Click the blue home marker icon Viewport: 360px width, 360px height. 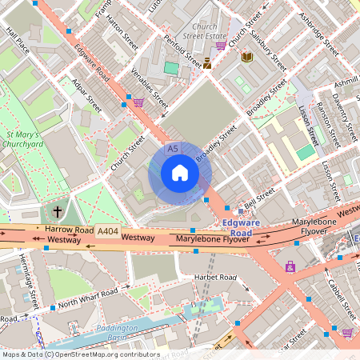tap(180, 173)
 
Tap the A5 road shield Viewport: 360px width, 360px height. tap(173, 150)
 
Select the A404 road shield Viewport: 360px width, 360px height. tap(107, 231)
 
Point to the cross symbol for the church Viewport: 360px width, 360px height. tap(57, 212)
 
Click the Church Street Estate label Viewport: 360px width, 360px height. tap(204, 31)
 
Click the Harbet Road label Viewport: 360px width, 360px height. tap(216, 277)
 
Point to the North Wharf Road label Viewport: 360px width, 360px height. tap(91, 297)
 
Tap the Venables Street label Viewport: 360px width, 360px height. tap(150, 91)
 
